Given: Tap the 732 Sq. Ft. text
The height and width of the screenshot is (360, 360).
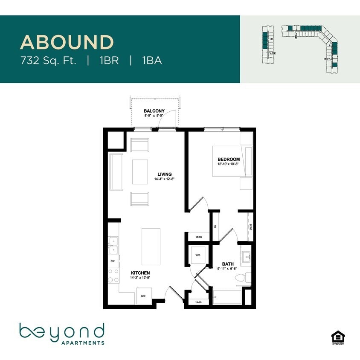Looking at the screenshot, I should click(x=48, y=61).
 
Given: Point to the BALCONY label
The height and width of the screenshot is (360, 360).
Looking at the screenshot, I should click(x=154, y=111).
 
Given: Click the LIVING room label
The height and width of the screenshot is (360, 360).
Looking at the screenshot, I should click(x=164, y=174).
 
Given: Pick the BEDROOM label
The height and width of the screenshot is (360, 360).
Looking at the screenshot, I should click(x=225, y=160).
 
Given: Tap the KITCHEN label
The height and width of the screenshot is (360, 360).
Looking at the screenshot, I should click(x=140, y=273).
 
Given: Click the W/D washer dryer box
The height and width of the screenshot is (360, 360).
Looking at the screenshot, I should click(x=198, y=255).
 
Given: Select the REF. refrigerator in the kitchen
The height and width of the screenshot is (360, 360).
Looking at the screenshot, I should click(x=144, y=296).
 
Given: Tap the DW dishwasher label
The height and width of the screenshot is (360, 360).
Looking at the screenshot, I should click(x=113, y=261).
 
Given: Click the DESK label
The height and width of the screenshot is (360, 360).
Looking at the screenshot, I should click(x=198, y=237).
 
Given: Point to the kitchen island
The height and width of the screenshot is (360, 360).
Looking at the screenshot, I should click(x=151, y=247).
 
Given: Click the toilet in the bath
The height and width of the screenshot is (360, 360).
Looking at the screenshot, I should click(x=242, y=278).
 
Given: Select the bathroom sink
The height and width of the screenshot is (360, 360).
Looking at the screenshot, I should click(x=247, y=256).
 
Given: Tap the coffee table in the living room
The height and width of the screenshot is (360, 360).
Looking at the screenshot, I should click(x=140, y=171).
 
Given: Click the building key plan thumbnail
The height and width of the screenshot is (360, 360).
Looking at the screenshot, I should click(x=300, y=46).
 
